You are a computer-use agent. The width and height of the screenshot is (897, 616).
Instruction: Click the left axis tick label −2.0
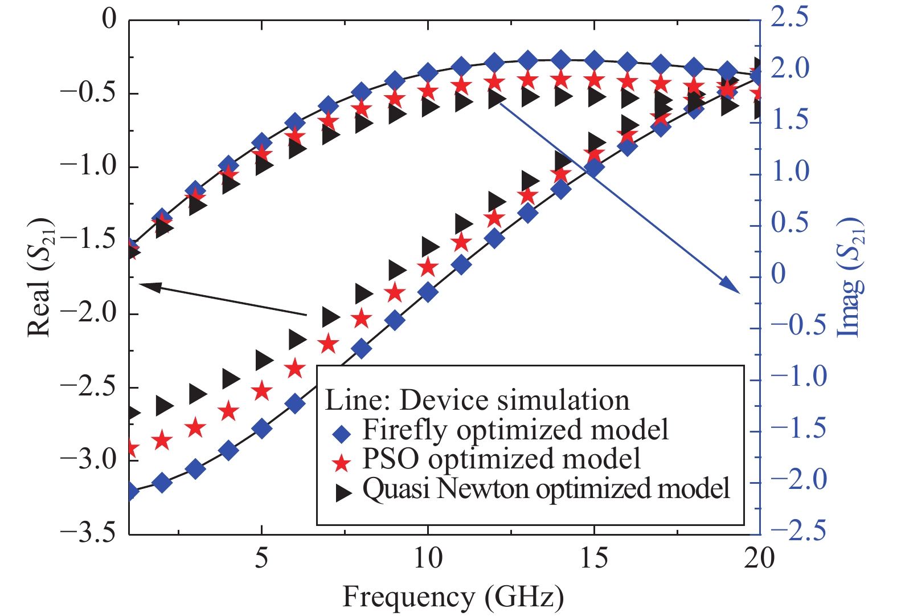[x=87, y=313]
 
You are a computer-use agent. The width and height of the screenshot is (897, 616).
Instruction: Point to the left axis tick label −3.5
[x=87, y=533]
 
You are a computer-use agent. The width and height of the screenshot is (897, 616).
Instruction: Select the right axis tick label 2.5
[x=789, y=17]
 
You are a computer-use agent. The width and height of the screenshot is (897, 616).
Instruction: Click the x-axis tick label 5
[x=261, y=558]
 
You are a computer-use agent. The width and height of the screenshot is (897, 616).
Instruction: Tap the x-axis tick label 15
[x=593, y=558]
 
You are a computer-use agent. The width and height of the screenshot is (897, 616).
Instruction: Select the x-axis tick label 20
[x=760, y=558]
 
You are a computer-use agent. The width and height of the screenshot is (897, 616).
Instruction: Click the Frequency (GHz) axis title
[x=453, y=597]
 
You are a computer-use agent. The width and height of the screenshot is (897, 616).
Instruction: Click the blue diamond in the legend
[x=342, y=435]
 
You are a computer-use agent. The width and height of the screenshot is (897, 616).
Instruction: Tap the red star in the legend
[x=342, y=463]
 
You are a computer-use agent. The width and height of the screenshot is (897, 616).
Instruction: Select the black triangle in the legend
[x=343, y=493]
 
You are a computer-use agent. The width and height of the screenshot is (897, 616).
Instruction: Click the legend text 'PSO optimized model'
[x=502, y=459]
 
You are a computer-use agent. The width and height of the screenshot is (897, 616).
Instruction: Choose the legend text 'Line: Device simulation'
[x=477, y=400]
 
